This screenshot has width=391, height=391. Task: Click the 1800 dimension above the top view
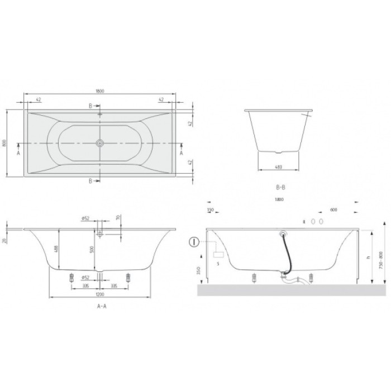tap(100, 92)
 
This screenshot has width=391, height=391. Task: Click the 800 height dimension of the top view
tap(6, 143)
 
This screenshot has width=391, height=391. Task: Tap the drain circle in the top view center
tap(100, 143)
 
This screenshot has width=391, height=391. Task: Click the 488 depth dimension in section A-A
tap(56, 250)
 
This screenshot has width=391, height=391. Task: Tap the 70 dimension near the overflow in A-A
tap(117, 218)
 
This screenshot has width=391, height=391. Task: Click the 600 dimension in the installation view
tap(333, 210)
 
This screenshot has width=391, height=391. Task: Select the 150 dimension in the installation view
tap(211, 210)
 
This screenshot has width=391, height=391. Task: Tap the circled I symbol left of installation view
tap(193, 242)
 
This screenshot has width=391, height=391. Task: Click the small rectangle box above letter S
tap(218, 254)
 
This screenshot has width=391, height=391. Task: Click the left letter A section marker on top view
tap(18, 151)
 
